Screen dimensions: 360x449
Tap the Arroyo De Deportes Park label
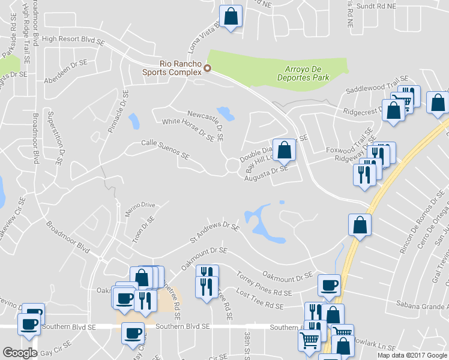tap(304, 73)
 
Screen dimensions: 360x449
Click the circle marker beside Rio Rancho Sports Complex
tap(208, 68)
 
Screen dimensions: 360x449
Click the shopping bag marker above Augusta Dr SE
tap(286, 149)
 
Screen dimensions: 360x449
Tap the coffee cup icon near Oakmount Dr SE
tap(328, 286)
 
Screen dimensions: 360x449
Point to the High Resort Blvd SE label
tap(73, 39)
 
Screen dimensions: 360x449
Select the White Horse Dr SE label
tap(188, 128)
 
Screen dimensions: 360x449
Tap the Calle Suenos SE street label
tap(165, 149)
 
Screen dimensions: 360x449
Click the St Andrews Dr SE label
tap(214, 232)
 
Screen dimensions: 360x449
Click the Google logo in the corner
tap(20, 352)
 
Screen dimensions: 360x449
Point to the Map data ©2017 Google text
tap(412, 355)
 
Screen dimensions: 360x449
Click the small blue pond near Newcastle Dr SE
tap(226, 113)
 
